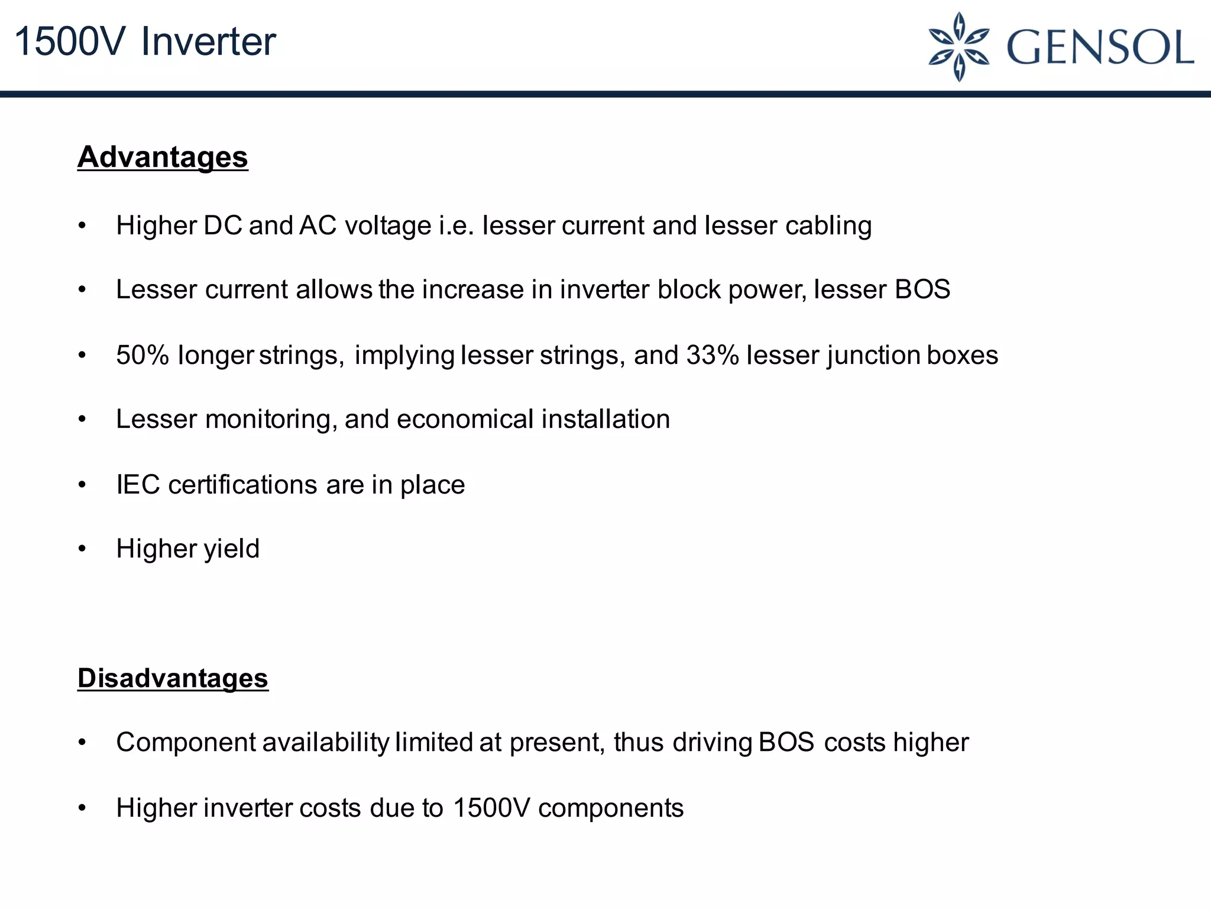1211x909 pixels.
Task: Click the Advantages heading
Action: pos(163,157)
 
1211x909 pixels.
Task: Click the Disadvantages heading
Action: pos(173,678)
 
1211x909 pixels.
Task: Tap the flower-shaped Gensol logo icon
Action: pos(959,47)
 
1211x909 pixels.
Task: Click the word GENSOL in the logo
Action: pos(1100,47)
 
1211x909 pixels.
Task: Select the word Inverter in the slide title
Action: pos(208,42)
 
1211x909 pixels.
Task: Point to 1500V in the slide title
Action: pos(70,42)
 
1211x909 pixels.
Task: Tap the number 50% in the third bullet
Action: pos(143,355)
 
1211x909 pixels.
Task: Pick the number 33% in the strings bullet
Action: pos(713,355)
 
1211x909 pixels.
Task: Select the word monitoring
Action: pos(271,420)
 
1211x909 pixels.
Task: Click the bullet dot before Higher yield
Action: pos(82,549)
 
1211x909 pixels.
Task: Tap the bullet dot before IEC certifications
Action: pos(82,485)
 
